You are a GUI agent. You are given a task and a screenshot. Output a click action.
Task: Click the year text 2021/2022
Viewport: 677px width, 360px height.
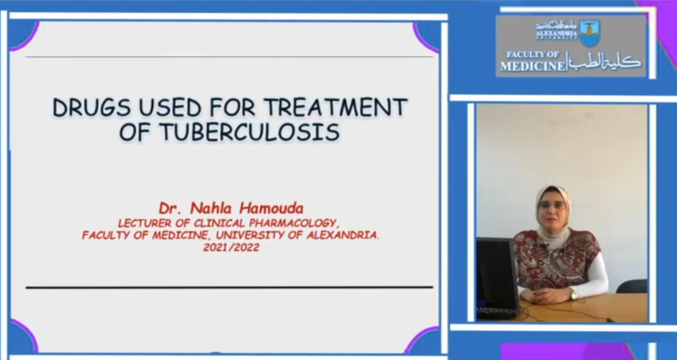click(232, 247)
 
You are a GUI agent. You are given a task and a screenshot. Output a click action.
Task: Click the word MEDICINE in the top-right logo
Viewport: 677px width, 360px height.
click(532, 67)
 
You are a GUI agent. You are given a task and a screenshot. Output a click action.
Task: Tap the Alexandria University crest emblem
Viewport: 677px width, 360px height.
click(590, 33)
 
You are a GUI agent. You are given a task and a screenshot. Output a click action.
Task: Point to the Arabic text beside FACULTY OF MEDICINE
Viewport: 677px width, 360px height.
click(604, 62)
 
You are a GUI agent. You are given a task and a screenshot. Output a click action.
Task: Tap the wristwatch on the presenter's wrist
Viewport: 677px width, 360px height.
click(573, 294)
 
